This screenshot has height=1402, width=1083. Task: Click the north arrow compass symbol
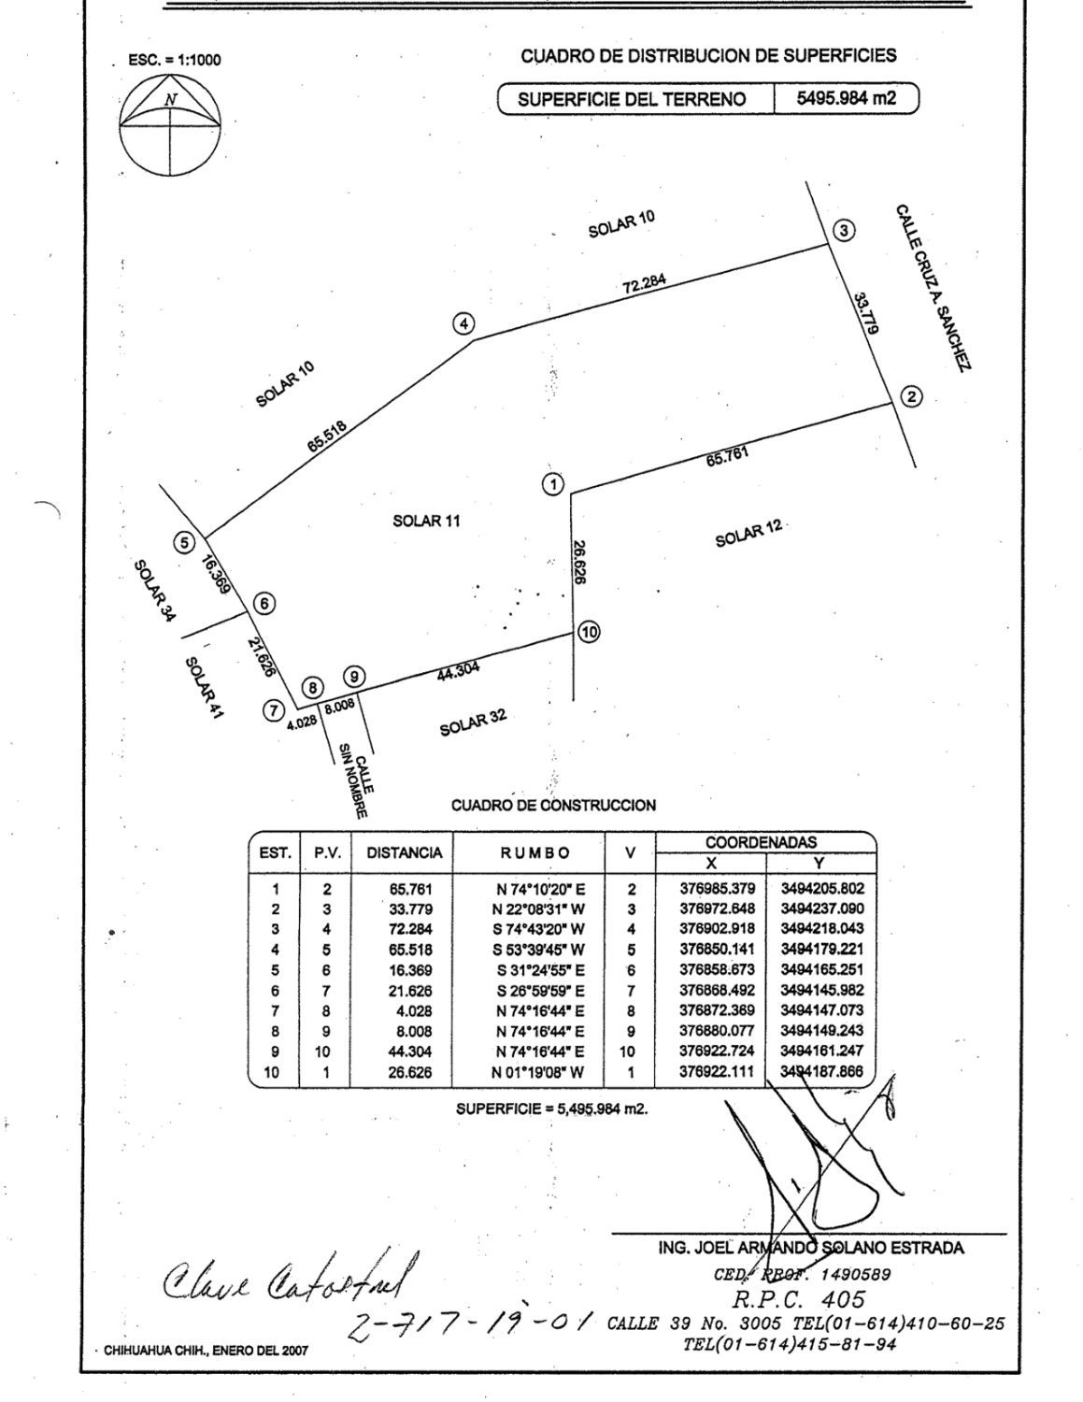169,125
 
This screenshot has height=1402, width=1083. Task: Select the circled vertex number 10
589,632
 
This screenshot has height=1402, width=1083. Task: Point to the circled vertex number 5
185,543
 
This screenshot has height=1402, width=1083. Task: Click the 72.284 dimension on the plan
645,282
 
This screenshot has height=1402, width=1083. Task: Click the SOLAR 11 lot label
426,521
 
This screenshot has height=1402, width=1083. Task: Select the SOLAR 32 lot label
474,722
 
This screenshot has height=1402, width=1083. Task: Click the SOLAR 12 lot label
748,535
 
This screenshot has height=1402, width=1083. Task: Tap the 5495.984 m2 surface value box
846,97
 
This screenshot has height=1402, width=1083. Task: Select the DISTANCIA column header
404,852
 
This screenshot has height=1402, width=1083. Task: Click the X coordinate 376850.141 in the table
717,950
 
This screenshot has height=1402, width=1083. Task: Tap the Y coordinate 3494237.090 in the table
822,908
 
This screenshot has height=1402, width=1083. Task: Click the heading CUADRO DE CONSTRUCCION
553,805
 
